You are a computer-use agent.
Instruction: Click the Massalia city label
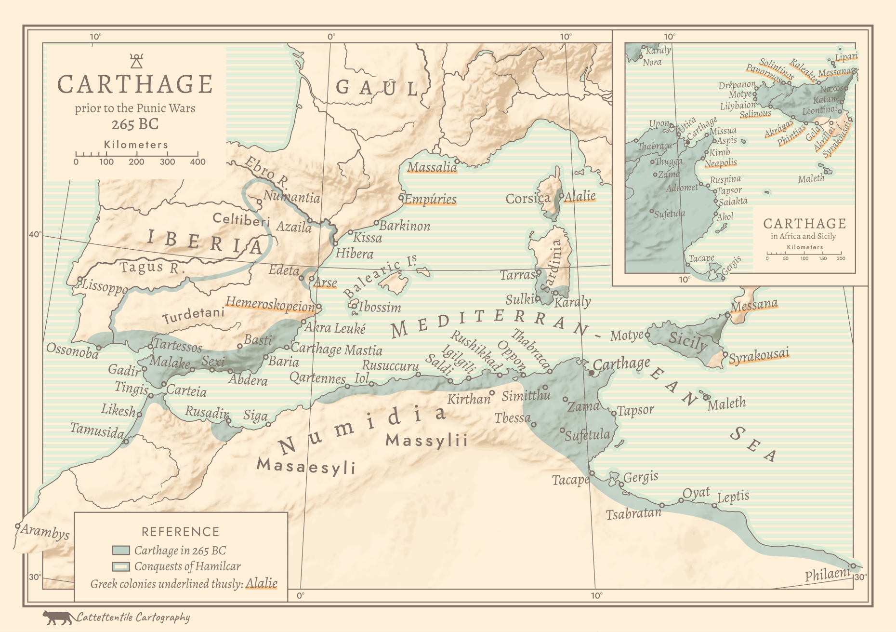432,167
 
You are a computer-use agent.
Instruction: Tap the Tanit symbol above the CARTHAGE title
136,61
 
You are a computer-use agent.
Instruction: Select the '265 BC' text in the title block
135,124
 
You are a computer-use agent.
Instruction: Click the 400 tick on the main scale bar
198,154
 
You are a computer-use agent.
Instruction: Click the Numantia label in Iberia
291,197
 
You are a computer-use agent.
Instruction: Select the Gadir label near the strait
124,370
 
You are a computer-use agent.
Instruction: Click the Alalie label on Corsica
580,197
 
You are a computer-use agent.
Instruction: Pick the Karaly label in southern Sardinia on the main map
572,302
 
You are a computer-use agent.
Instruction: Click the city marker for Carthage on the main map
591,373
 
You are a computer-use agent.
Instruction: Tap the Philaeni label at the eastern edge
828,574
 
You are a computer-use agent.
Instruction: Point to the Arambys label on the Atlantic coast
45,532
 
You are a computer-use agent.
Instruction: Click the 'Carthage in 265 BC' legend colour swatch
120,550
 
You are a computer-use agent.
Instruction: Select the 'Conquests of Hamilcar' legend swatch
120,566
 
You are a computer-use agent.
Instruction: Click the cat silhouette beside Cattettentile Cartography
58,618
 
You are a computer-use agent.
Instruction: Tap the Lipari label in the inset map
846,57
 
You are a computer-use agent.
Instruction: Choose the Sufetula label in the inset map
669,214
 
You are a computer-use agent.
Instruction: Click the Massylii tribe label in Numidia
426,440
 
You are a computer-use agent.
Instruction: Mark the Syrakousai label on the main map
759,356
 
